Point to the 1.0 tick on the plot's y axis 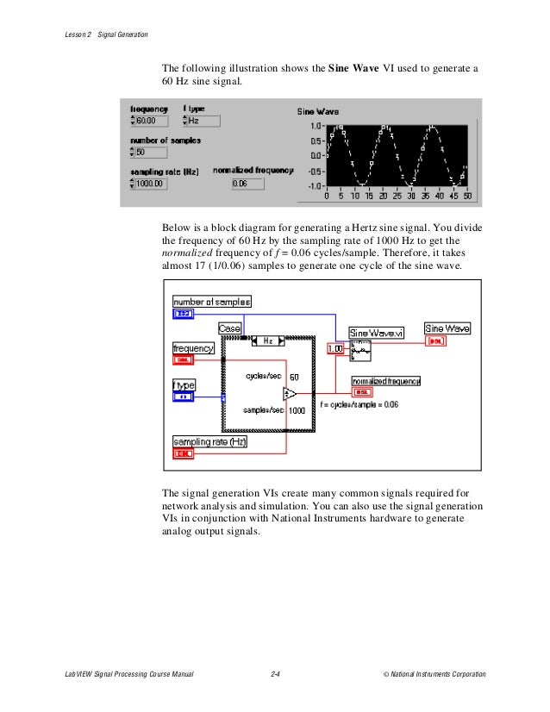pyautogui.click(x=316, y=126)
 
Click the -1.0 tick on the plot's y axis pyautogui.click(x=315, y=185)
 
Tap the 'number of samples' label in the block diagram pyautogui.click(x=212, y=302)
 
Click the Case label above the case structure pyautogui.click(x=229, y=329)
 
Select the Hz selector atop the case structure pyautogui.click(x=268, y=340)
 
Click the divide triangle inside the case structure pyautogui.click(x=288, y=395)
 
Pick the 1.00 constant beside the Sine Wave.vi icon pyautogui.click(x=336, y=349)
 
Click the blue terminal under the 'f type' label pyautogui.click(x=184, y=397)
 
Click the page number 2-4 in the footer pyautogui.click(x=276, y=674)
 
